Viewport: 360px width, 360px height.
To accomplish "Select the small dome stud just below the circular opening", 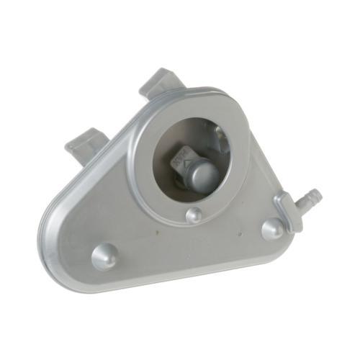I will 193,215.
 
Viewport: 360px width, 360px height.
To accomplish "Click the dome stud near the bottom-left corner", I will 105,255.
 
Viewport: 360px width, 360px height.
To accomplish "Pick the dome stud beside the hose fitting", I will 273,228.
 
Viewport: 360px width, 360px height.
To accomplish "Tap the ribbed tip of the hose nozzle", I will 314,192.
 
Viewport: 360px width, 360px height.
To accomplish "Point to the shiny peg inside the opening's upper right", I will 220,132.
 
